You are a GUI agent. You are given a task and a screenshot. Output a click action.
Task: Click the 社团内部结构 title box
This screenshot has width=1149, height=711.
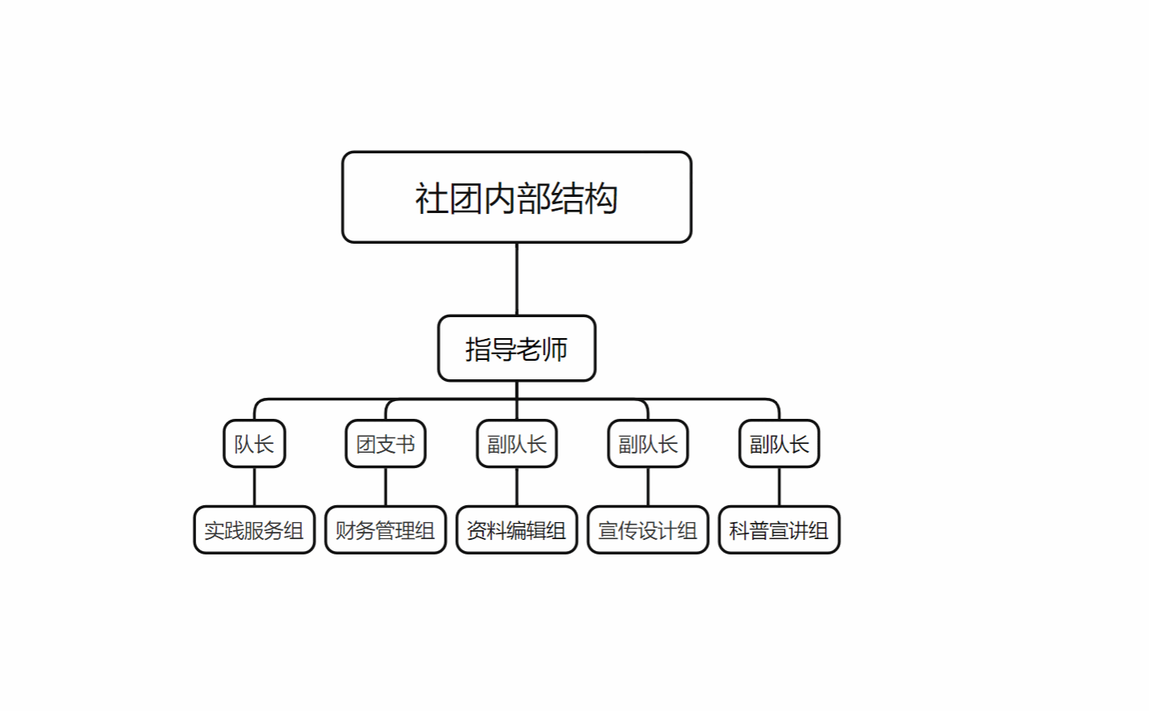pyautogui.click(x=516, y=197)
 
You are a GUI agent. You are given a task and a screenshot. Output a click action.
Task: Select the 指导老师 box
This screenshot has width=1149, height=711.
pyautogui.click(x=516, y=349)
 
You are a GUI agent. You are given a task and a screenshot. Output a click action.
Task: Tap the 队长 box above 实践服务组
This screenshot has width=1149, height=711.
pyautogui.click(x=254, y=444)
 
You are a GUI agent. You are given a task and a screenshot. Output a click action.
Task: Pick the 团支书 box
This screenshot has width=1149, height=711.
pyautogui.click(x=386, y=444)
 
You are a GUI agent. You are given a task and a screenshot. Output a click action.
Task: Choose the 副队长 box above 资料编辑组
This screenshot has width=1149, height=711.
pyautogui.click(x=516, y=444)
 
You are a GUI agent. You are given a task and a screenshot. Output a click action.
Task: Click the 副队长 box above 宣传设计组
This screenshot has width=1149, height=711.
pyautogui.click(x=648, y=444)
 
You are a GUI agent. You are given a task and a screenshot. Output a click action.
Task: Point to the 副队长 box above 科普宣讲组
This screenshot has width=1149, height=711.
pyautogui.click(x=779, y=444)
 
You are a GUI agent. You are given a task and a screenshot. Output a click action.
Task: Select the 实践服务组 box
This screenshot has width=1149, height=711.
pyautogui.click(x=254, y=530)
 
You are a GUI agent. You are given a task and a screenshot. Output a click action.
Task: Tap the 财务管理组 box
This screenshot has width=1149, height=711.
pyautogui.click(x=386, y=530)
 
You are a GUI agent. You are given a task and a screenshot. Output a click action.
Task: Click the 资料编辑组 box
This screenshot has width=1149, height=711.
pyautogui.click(x=516, y=530)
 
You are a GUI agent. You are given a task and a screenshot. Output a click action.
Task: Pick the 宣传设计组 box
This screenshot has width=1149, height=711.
pyautogui.click(x=648, y=530)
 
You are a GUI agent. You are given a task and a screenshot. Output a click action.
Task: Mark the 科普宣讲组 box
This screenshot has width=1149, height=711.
pyautogui.click(x=779, y=530)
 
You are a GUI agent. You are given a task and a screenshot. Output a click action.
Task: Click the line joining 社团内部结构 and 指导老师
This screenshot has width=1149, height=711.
pyautogui.click(x=516, y=279)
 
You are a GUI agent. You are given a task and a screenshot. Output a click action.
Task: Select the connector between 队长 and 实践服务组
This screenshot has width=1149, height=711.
pyautogui.click(x=254, y=487)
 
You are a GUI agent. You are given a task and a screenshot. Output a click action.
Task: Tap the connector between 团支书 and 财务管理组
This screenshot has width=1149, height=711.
pyautogui.click(x=386, y=487)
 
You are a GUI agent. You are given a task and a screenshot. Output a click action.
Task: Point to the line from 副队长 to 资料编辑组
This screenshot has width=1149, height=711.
pyautogui.click(x=516, y=487)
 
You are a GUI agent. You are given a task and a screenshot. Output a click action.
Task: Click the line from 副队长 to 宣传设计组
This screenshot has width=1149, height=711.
pyautogui.click(x=648, y=487)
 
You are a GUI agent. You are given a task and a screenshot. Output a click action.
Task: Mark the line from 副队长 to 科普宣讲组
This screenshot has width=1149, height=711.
pyautogui.click(x=779, y=487)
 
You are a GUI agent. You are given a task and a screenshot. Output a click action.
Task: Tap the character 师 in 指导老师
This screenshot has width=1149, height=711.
pyautogui.click(x=554, y=349)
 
